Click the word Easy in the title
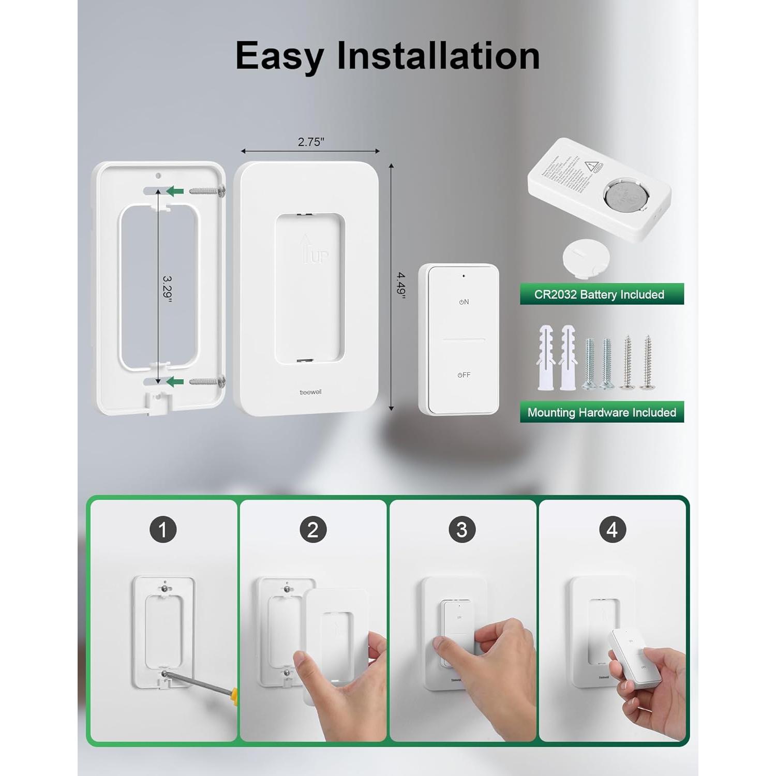tap(279, 56)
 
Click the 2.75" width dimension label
tap(311, 142)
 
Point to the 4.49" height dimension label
tap(401, 285)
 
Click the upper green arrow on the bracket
tap(175, 191)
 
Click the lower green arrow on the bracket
tap(175, 382)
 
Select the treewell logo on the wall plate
tap(310, 392)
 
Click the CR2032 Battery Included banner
tap(602, 294)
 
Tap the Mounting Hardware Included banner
tap(602, 412)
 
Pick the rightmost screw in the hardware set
tap(647, 362)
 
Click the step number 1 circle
tap(163, 529)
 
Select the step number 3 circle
tap(462, 529)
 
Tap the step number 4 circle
tap(612, 529)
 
